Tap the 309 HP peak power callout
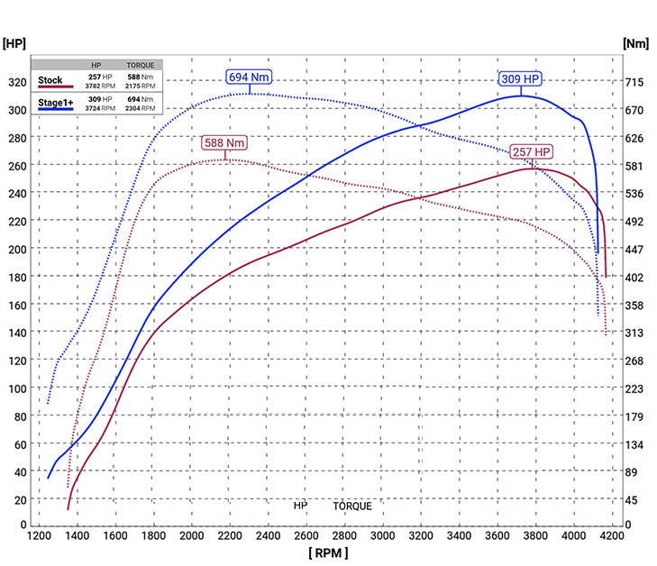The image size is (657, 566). pos(521,79)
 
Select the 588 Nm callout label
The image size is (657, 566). pos(224,142)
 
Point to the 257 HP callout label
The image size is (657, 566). pos(532,151)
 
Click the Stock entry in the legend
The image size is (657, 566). pos(51,80)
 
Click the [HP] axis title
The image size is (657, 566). pos(15,42)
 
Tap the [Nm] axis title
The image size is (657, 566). pos(636,42)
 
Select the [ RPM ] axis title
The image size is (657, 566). pos(327,552)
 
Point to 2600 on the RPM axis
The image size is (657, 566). pos(307,535)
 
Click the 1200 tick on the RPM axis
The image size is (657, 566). pos(40,535)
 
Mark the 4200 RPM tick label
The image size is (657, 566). pos(613,535)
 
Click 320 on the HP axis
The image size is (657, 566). pos(16,82)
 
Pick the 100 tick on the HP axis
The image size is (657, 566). pos(16,388)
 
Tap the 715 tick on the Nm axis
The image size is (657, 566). pos(634,82)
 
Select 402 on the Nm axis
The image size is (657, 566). pos(634,277)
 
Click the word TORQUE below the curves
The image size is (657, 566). pos(352,507)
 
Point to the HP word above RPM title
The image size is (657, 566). pos(300,507)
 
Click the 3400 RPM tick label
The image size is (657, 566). pos(460,535)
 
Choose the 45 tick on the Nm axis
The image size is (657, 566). pos(632,500)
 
